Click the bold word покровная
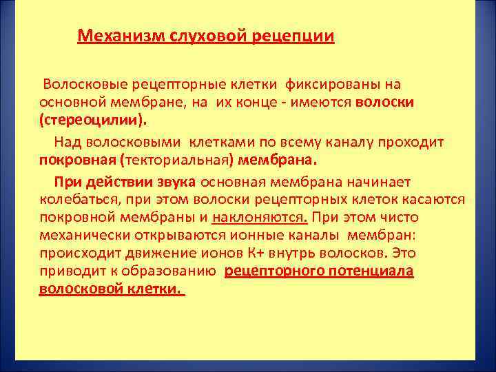coord(77,160)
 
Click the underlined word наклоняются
coord(260,218)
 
